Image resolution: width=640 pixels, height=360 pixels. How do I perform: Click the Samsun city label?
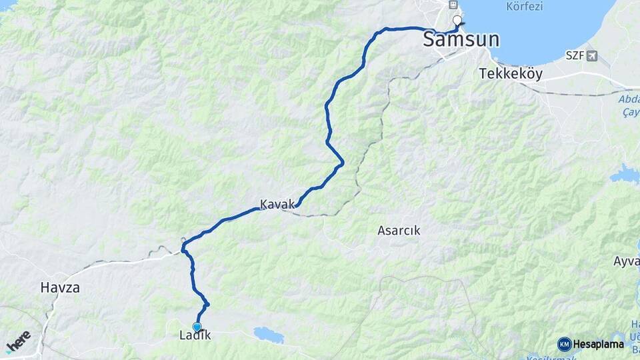[461, 39]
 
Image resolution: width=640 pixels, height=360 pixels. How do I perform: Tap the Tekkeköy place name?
[511, 74]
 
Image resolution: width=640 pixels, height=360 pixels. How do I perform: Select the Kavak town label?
[277, 204]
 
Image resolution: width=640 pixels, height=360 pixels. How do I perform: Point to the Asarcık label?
[399, 231]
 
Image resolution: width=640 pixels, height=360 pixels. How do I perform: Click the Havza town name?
[60, 288]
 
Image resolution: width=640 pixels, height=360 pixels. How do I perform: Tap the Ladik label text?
[195, 335]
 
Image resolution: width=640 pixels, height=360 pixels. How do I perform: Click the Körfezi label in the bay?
[525, 7]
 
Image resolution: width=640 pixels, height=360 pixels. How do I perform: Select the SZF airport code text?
[575, 56]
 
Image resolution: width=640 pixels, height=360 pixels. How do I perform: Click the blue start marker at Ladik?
[197, 326]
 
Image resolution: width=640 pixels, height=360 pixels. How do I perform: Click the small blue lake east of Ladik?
[268, 334]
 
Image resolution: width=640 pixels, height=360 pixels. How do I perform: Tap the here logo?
[17, 341]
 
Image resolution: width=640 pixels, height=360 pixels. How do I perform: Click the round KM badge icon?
[564, 344]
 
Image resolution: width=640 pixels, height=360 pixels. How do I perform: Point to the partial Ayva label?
[627, 261]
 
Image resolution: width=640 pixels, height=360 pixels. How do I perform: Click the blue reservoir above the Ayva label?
[626, 174]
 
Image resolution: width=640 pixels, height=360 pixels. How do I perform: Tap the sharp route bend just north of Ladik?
[207, 305]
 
